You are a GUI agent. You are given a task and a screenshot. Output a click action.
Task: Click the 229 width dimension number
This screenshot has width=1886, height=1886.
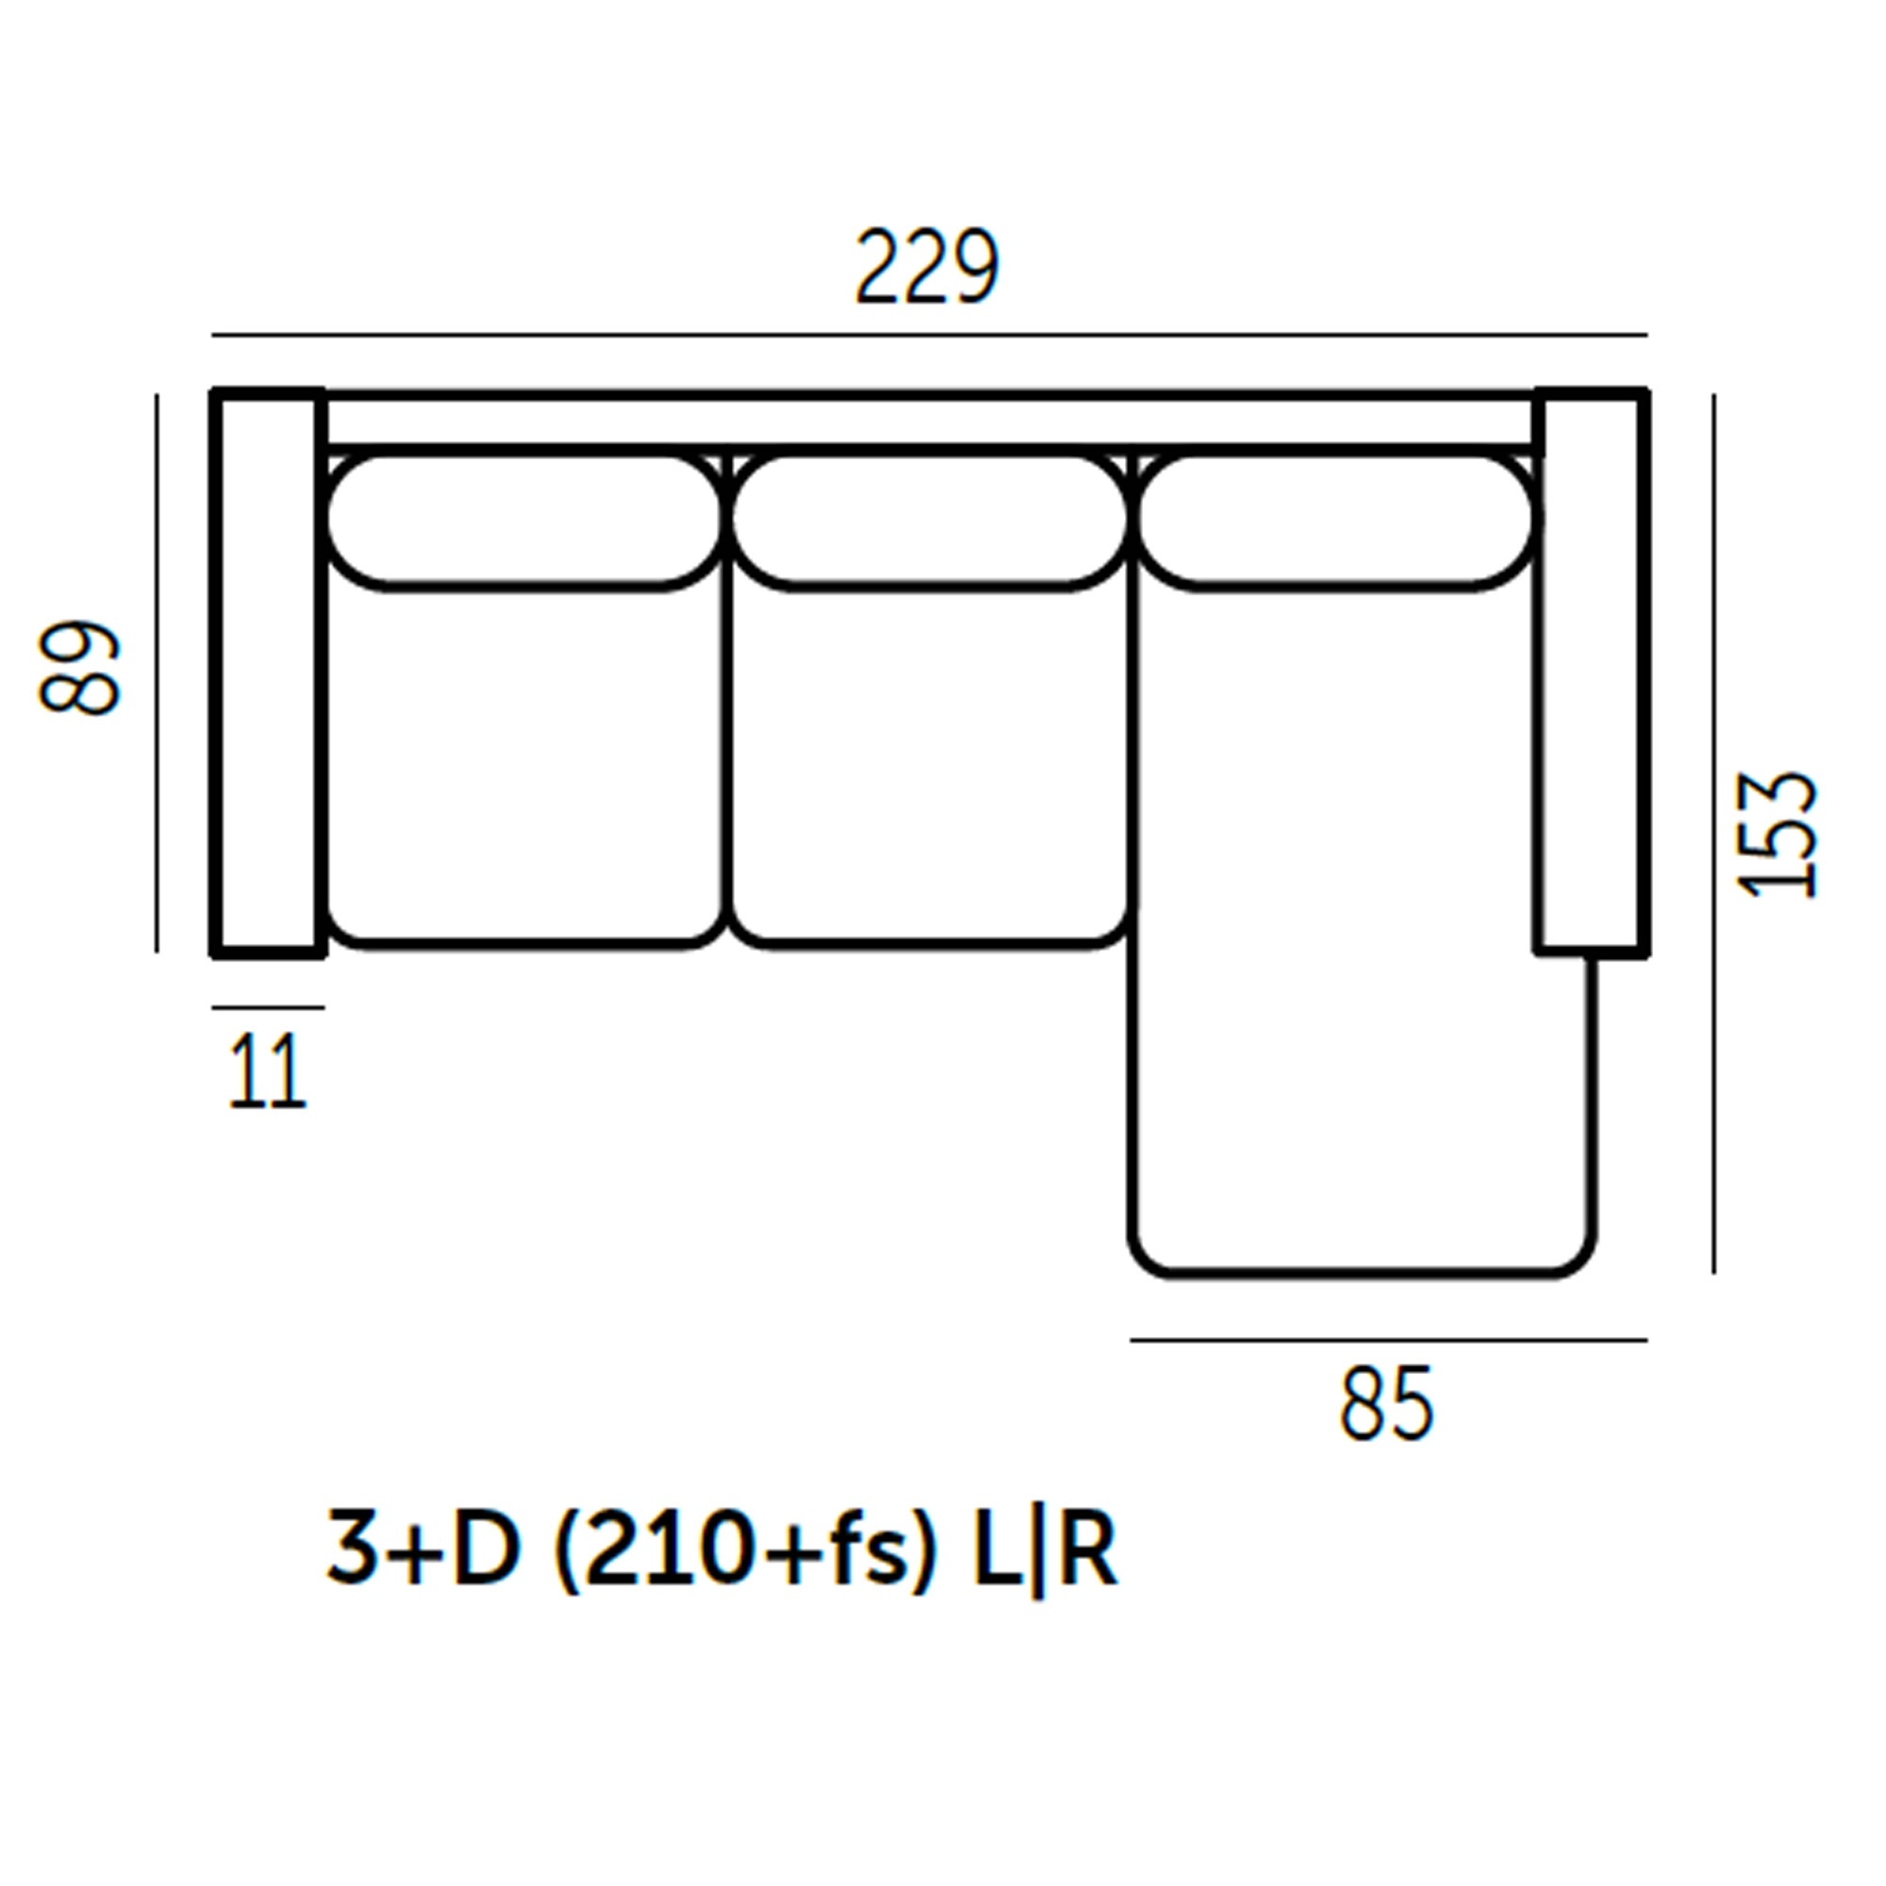tap(927, 266)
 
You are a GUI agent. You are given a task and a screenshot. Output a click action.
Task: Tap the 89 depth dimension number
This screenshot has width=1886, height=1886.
tap(79, 669)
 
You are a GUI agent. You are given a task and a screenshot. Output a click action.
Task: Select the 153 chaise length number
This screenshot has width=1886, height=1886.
tap(1778, 835)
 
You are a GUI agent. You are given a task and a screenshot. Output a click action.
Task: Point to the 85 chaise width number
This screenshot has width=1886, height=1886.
tap(1386, 1404)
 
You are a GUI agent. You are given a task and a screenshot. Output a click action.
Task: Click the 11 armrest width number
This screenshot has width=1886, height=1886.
tap(268, 1071)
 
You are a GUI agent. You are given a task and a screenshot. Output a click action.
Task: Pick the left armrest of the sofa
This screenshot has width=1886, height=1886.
tap(269, 673)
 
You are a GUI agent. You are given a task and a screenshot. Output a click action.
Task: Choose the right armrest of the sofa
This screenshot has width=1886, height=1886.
tap(1592, 671)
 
